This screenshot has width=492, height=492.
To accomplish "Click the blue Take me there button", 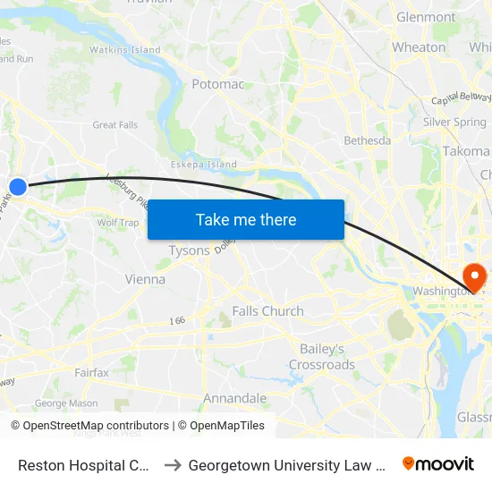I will [x=246, y=220].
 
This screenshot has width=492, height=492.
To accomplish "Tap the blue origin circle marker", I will [x=18, y=186].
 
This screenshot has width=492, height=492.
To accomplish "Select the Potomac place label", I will [x=218, y=84].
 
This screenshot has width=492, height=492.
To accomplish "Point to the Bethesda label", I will [x=368, y=140].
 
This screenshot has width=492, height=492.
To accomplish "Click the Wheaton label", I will [x=419, y=47].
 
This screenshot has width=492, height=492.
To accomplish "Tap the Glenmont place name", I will [x=426, y=17].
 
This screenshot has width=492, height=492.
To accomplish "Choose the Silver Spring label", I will [x=454, y=122].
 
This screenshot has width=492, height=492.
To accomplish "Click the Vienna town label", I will [x=145, y=279].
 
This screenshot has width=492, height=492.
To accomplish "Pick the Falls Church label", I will [x=267, y=311].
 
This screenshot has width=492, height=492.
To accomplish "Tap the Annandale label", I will [x=235, y=398].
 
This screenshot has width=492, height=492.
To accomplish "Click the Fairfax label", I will [x=92, y=372].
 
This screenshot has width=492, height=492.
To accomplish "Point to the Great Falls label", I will [x=115, y=125].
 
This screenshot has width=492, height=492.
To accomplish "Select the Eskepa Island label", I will [x=204, y=165].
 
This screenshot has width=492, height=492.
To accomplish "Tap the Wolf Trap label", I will [x=118, y=223].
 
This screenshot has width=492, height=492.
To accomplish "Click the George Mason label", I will [x=66, y=403].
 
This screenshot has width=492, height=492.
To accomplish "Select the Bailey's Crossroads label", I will [x=322, y=356].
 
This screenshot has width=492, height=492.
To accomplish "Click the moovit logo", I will [x=438, y=463].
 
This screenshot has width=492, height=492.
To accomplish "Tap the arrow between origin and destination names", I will [x=174, y=464].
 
